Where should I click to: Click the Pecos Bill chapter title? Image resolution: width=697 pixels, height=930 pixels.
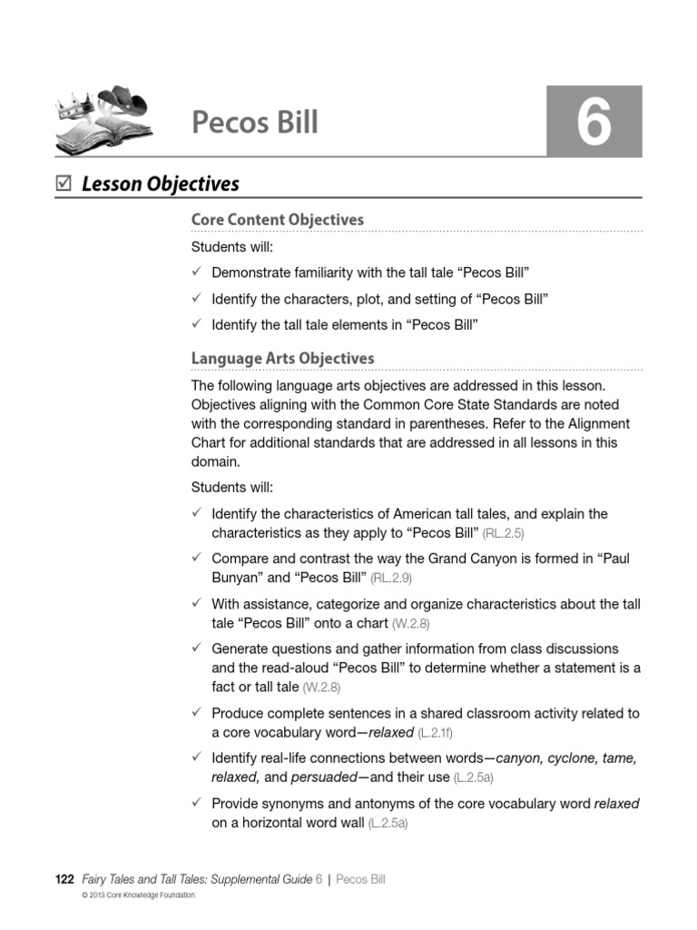tap(255, 122)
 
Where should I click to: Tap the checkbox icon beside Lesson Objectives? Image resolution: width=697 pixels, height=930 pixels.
tap(63, 183)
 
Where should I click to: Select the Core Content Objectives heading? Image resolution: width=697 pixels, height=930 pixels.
tap(277, 219)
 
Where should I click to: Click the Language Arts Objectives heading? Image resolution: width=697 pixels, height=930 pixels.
tap(282, 359)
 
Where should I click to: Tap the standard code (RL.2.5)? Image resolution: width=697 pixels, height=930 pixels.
tap(504, 534)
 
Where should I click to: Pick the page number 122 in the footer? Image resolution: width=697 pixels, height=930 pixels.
tap(64, 879)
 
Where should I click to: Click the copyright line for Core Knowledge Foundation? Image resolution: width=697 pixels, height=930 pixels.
tap(138, 895)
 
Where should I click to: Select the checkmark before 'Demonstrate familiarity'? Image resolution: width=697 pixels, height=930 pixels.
tap(197, 272)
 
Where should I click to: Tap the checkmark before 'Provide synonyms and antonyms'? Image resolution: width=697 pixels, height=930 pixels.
tap(197, 803)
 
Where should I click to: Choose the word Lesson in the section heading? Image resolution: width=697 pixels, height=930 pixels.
tap(112, 183)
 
